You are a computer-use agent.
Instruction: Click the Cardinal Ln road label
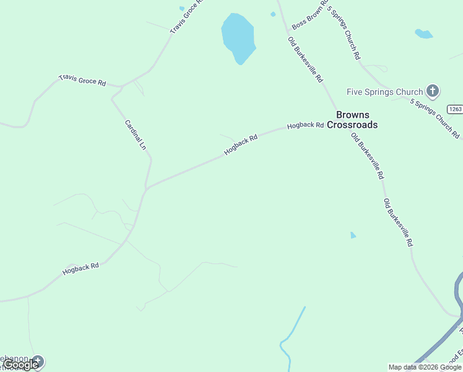pos(136,135)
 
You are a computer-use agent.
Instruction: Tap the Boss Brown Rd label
pos(309,15)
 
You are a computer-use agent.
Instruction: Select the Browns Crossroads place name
pos(357,120)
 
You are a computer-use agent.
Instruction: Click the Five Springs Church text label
pos(384,92)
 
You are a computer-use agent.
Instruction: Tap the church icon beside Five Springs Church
pos(433,92)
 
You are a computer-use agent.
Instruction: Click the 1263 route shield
pos(456,109)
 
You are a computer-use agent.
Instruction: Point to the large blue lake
pos(238,37)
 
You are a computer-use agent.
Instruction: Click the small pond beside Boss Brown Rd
pos(273,14)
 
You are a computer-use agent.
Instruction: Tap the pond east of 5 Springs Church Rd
pos(423,33)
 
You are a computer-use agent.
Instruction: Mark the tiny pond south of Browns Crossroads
pos(353,235)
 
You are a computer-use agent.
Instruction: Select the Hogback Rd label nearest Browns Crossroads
pos(305,125)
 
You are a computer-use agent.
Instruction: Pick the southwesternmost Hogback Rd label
pos(81,269)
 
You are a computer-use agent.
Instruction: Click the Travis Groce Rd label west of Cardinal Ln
pos(82,81)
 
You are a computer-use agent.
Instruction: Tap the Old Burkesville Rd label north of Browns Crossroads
pos(305,60)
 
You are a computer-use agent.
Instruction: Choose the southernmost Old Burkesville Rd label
pos(397,223)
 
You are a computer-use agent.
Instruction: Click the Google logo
pos(21,365)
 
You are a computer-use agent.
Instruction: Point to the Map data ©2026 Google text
pos(425,367)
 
